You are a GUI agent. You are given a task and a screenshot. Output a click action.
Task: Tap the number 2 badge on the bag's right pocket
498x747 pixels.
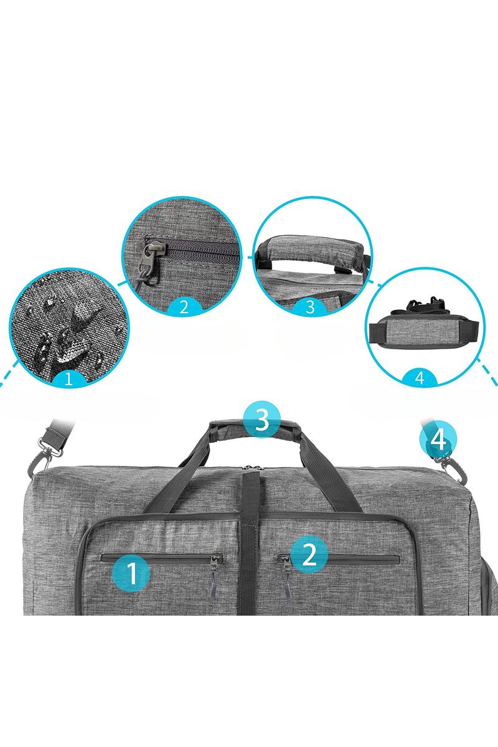pyautogui.click(x=309, y=554)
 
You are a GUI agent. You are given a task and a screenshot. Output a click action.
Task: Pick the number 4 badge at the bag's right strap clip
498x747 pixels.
pyautogui.click(x=438, y=440)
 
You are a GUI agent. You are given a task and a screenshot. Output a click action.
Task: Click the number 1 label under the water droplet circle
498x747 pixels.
pyautogui.click(x=68, y=379)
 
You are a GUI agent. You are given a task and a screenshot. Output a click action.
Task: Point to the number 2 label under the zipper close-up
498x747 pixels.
pyautogui.click(x=184, y=306)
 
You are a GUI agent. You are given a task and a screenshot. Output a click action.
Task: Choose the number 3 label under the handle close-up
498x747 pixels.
pyautogui.click(x=310, y=306)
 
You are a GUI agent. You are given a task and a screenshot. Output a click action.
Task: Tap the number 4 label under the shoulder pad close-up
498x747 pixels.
pyautogui.click(x=420, y=378)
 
